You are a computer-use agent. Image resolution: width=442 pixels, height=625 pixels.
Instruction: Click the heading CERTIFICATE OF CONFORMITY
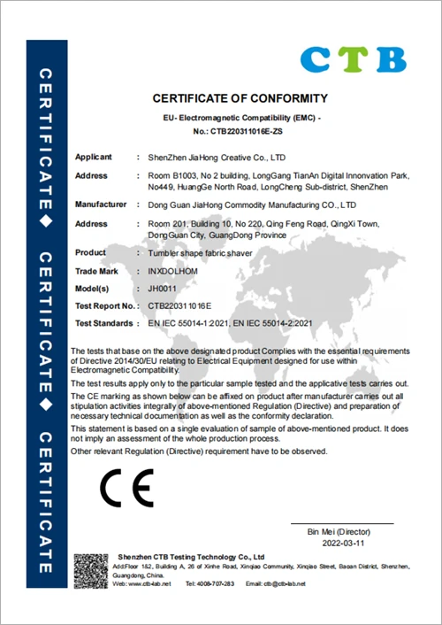pos(240,98)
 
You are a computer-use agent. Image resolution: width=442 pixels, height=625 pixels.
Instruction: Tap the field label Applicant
pos(93,156)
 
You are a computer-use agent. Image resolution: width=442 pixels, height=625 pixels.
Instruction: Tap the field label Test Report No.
pos(104,305)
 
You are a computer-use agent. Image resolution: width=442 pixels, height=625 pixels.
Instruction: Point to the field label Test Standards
pos(105,324)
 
